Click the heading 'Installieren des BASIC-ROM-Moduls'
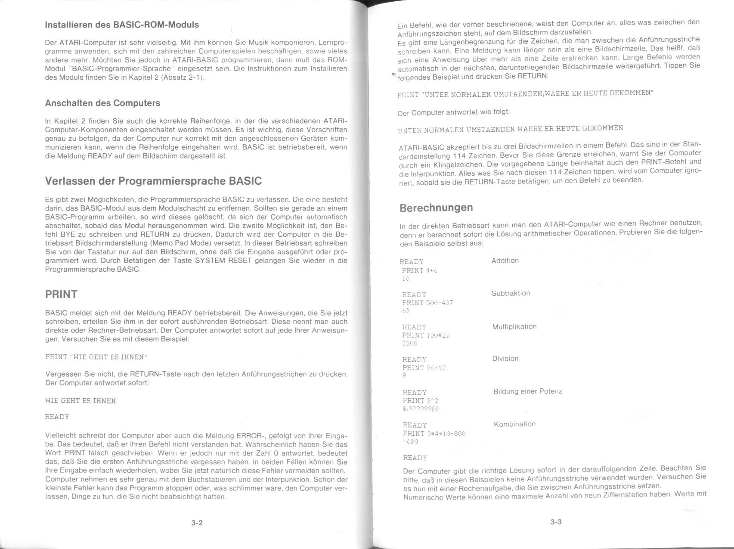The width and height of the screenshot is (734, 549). [x=122, y=25]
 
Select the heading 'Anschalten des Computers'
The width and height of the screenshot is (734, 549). [x=102, y=103]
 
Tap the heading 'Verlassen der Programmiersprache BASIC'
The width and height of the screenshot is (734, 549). [x=153, y=181]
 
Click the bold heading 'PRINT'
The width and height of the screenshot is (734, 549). [x=61, y=295]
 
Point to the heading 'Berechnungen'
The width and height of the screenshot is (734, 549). [x=436, y=208]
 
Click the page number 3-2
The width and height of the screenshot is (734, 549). [x=197, y=523]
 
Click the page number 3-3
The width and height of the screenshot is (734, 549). [x=556, y=522]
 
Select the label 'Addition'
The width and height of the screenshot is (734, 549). [x=505, y=261]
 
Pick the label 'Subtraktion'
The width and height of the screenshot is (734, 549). [x=511, y=293]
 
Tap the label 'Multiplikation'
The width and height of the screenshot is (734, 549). [x=514, y=326]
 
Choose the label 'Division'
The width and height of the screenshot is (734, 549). [x=505, y=359]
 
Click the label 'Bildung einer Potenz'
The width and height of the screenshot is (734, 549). [x=528, y=391]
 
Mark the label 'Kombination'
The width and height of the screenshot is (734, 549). [x=515, y=424]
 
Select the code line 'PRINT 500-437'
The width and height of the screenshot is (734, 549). [x=427, y=303]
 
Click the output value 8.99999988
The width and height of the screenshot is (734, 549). [x=421, y=409]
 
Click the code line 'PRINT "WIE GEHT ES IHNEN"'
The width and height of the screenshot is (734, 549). [x=96, y=357]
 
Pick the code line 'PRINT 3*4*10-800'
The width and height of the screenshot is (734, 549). [x=434, y=433]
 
